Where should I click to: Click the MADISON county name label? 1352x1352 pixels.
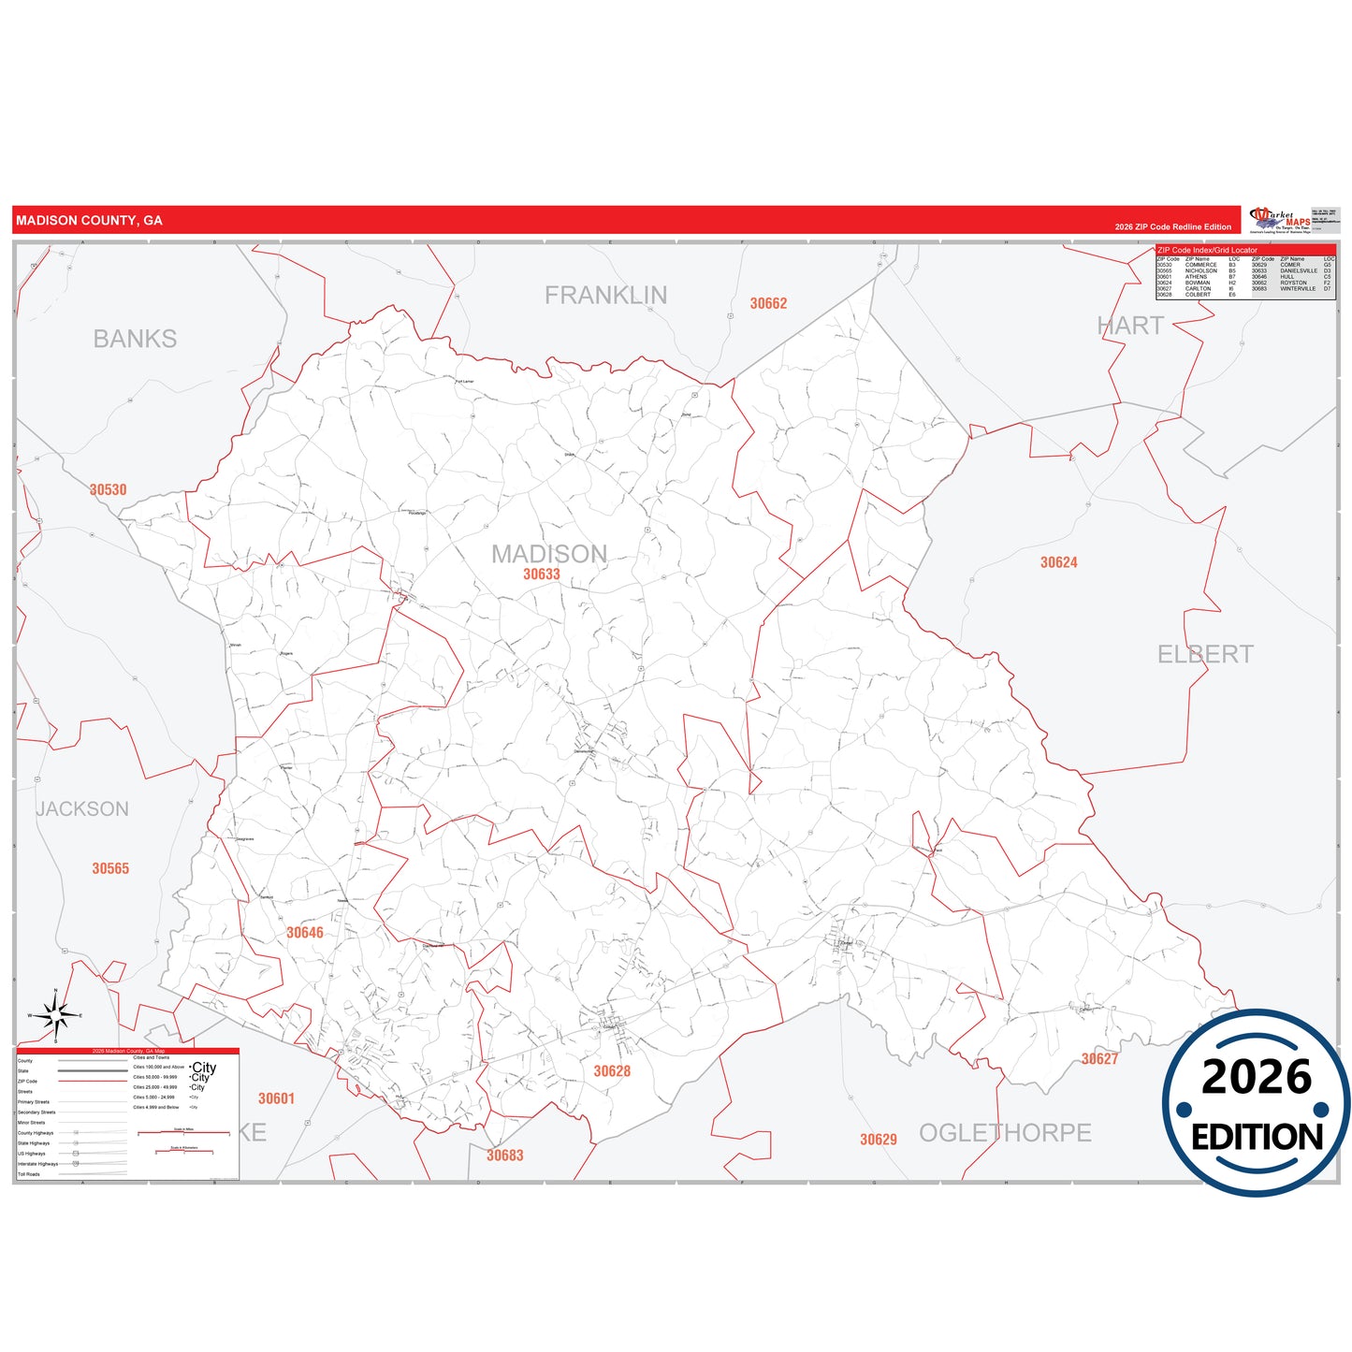(x=549, y=554)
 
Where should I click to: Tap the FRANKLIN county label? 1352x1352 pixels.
(x=606, y=296)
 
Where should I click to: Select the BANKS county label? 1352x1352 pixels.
(x=135, y=339)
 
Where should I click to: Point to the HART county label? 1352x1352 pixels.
(x=1130, y=326)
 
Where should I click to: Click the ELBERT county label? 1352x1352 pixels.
(x=1205, y=654)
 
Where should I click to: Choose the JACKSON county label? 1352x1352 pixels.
(x=82, y=809)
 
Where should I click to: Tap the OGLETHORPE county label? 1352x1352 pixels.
(x=1005, y=1133)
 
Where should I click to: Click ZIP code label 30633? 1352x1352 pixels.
(x=542, y=574)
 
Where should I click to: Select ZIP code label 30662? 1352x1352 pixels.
(x=768, y=303)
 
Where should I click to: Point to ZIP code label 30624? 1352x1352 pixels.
(x=1059, y=562)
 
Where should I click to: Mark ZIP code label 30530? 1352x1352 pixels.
(x=108, y=489)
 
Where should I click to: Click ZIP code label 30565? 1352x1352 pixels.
(x=110, y=868)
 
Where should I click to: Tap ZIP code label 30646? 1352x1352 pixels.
(x=305, y=932)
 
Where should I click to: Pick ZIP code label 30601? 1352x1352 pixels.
(x=276, y=1098)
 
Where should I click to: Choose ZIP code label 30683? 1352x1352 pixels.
(x=505, y=1156)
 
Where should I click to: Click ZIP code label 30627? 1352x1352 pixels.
(x=1099, y=1059)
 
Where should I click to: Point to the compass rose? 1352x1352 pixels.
(x=55, y=1015)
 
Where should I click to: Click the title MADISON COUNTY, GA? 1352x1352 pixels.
(x=89, y=221)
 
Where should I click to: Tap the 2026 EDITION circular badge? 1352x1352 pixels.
(x=1257, y=1103)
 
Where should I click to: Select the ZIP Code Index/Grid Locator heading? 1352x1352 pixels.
(x=1207, y=250)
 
